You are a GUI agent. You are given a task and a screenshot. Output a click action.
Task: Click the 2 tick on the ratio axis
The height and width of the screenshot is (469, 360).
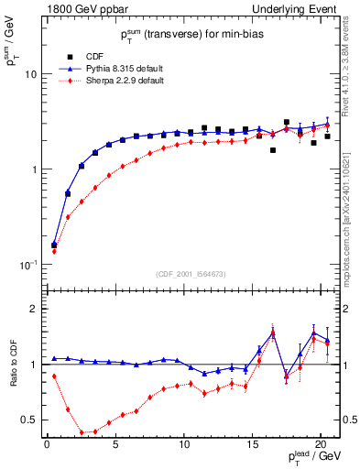coord(36,309)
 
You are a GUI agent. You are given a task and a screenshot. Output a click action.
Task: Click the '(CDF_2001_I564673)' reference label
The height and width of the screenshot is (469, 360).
coord(191,274)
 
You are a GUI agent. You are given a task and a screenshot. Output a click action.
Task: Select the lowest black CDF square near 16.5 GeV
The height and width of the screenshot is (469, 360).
coord(272,150)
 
